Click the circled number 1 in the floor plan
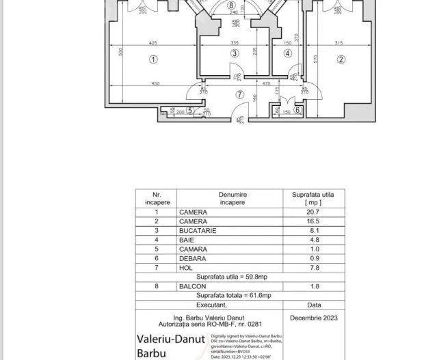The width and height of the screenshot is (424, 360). (x=153, y=60)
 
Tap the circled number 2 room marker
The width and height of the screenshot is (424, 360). (x=340, y=59)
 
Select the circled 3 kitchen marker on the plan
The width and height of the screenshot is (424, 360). (x=234, y=53)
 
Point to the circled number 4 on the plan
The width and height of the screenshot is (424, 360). (x=287, y=53)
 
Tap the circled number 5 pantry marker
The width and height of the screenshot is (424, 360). (x=190, y=110)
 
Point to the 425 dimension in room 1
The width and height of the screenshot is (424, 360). (x=153, y=40)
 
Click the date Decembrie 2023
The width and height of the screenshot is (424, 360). (x=313, y=318)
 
